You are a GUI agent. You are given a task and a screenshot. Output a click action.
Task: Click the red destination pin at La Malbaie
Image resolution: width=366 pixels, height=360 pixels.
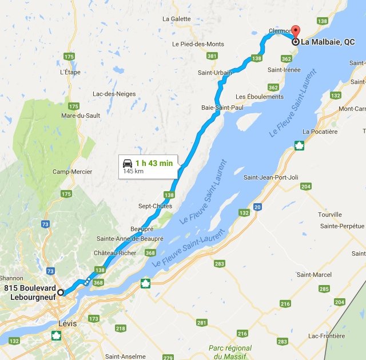295,32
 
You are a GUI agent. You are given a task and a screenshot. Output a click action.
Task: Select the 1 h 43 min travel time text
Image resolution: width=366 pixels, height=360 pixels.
154,163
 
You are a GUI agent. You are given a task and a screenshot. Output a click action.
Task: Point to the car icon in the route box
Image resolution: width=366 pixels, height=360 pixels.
128,163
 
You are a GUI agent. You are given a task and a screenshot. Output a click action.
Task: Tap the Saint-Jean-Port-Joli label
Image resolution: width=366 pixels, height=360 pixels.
271,177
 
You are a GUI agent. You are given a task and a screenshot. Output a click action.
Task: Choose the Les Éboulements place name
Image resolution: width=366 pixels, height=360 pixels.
259,97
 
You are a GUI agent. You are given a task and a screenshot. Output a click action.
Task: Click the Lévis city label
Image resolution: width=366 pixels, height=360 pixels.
67,323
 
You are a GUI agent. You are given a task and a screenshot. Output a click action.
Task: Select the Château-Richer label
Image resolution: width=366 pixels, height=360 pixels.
116,252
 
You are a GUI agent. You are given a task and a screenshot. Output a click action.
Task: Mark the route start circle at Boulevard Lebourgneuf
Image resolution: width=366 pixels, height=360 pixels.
61,292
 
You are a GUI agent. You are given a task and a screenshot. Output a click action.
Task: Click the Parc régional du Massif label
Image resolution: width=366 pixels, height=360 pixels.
230,352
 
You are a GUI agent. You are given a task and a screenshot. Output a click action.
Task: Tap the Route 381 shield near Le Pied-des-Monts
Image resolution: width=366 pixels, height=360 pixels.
212,56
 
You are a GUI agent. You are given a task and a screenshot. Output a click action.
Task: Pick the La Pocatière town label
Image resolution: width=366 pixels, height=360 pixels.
320,132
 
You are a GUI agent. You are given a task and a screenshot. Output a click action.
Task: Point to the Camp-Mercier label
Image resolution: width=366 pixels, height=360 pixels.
73,172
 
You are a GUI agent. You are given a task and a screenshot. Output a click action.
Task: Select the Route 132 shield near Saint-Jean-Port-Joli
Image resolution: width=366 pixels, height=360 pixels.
244,213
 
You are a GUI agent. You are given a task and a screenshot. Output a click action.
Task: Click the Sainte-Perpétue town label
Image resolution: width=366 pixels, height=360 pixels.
343,226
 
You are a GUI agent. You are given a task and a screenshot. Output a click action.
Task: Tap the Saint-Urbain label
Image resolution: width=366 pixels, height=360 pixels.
215,73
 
